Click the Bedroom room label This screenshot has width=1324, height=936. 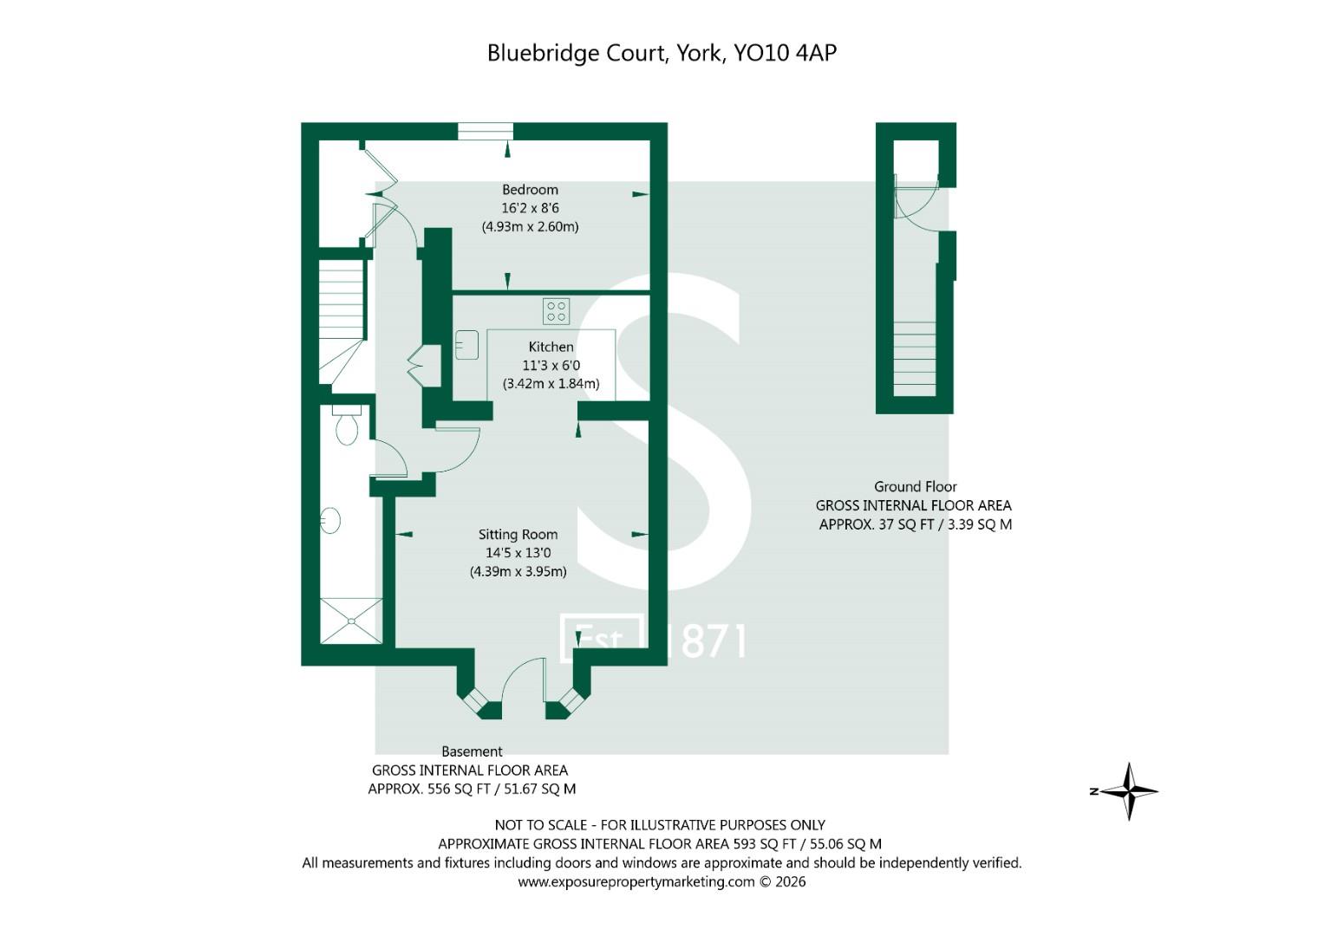[530, 190]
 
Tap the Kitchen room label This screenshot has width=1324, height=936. [551, 347]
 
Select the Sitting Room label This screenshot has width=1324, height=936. [518, 535]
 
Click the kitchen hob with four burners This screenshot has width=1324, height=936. [556, 311]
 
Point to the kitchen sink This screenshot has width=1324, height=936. [467, 345]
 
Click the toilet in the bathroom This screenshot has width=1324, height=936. [347, 426]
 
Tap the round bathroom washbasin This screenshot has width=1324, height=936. [330, 521]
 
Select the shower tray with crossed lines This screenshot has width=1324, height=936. [351, 621]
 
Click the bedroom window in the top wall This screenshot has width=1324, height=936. [486, 131]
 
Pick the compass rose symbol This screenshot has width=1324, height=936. [1128, 790]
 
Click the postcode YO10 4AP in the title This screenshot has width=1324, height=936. [785, 53]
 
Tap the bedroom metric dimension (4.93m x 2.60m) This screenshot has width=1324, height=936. [530, 227]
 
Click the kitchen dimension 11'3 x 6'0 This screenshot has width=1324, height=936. [551, 365]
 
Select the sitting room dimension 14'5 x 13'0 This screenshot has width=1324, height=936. [518, 553]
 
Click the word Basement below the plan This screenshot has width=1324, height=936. [472, 751]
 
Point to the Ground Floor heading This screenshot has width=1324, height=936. [915, 487]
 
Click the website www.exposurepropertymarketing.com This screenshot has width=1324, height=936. [636, 881]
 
